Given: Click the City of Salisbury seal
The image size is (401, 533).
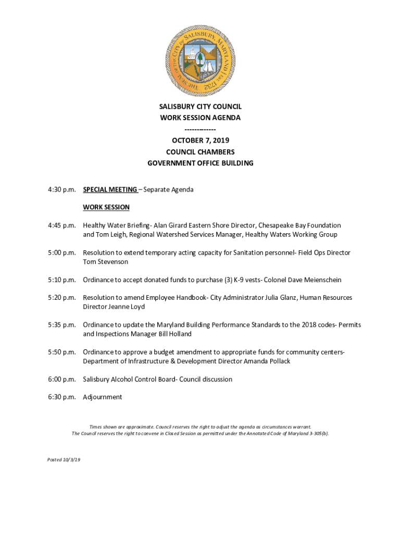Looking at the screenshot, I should pos(200,61).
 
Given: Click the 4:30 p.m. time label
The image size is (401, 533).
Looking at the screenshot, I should pos(61,189).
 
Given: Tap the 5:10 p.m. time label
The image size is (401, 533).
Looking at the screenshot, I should pos(61,280).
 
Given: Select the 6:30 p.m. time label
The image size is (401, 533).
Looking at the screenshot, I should pos(61,397).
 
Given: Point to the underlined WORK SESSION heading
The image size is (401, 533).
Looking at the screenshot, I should pos(106,207).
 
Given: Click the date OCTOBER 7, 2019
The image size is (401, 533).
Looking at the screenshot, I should pos(200,141).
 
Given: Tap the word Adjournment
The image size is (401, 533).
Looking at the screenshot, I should pos(103,397).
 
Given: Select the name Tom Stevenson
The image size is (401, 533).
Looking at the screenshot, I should pos(106,262).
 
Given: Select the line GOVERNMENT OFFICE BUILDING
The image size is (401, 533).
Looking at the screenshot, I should pos(200,163).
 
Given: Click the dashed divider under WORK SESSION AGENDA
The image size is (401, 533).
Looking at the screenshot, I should pos(200,129).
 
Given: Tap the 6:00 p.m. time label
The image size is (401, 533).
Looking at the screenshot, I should pos(61,379).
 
